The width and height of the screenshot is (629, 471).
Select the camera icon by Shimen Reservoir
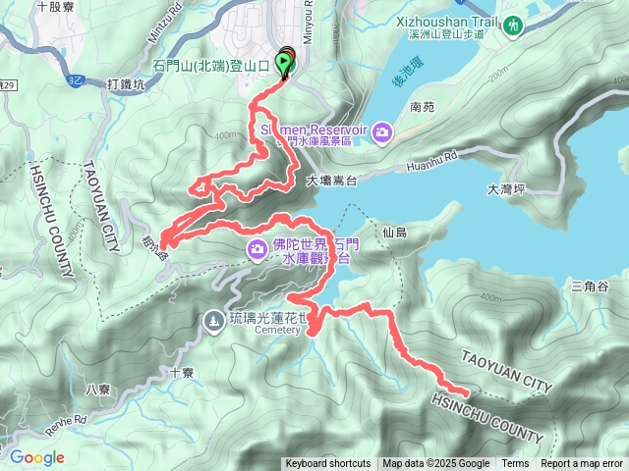click(381, 131)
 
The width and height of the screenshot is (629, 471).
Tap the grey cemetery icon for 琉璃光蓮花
click(214, 321)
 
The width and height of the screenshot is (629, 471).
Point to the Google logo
click(36, 457)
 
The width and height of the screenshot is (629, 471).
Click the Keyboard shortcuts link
click(328, 464)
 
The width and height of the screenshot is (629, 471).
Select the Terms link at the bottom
click(515, 464)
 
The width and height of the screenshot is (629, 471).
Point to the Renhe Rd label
click(66, 424)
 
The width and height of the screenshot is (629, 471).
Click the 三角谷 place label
click(590, 286)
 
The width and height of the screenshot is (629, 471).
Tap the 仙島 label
click(395, 233)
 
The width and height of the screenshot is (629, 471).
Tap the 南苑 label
click(422, 106)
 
